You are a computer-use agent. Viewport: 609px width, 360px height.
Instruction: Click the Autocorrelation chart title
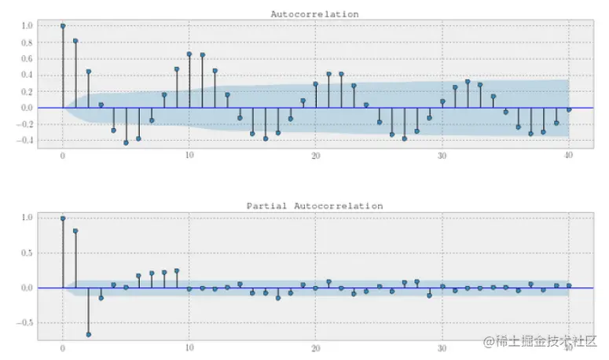point(314,14)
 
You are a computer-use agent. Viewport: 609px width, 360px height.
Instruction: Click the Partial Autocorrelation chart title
point(314,206)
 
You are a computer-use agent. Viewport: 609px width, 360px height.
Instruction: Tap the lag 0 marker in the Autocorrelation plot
point(63,26)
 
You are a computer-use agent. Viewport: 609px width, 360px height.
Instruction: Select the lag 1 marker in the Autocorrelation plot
point(75,41)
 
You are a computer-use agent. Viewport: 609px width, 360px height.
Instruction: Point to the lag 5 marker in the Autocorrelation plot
point(126,142)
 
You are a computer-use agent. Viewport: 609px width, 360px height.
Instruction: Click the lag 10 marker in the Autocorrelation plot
point(189,54)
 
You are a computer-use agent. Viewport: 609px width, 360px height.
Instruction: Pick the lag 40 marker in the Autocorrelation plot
point(568,109)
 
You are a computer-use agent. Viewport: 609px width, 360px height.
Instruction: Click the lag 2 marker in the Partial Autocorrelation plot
point(88,334)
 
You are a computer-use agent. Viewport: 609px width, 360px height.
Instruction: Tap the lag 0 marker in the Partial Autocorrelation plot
point(63,219)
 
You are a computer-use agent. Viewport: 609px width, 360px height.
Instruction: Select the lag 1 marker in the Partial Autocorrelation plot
point(75,231)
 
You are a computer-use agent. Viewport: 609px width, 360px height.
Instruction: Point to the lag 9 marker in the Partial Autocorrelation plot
point(177,270)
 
